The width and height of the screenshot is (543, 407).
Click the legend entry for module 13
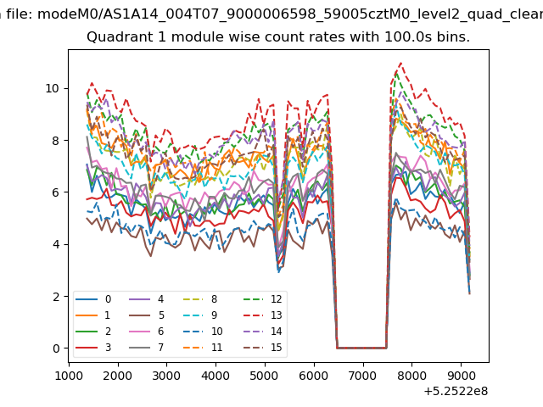coord(262,315)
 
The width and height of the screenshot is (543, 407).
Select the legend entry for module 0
coord(93,299)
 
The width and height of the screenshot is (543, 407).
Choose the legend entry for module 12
coord(262,299)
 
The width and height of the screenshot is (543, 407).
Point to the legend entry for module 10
coord(203,332)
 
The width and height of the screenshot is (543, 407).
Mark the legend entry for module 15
coord(262,347)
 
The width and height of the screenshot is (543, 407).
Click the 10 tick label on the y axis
coord(53,88)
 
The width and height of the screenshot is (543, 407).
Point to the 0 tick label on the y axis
coord(56,348)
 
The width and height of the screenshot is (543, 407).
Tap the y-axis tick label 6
coord(56,192)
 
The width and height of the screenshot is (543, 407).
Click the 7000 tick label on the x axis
coord(363,375)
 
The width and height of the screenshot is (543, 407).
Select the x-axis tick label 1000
coord(69,375)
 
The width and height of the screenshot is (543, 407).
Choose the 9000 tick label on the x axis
coord(461,375)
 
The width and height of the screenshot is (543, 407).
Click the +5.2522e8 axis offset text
coord(456,391)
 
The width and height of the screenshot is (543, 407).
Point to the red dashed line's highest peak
coord(401,63)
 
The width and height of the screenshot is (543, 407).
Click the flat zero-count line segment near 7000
coord(361,348)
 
